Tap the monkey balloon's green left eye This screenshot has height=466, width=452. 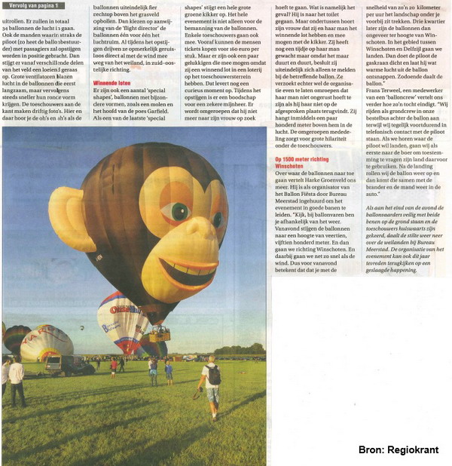(179, 212)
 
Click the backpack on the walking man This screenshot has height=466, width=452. (213, 374)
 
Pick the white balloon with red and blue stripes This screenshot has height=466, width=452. (121, 320)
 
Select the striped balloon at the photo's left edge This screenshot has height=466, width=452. (15, 338)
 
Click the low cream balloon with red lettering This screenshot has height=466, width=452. (46, 343)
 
